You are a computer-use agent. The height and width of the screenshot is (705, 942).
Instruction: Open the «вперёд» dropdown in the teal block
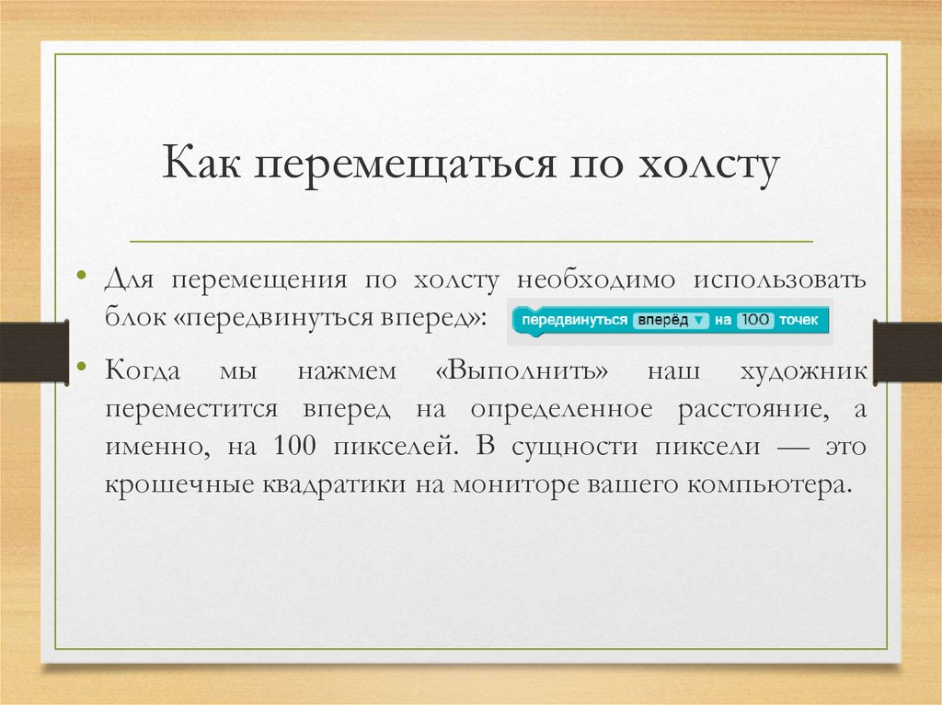point(671,321)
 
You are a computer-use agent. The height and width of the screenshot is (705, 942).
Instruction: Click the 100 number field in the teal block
point(757,321)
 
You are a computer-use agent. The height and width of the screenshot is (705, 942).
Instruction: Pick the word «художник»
point(803,372)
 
